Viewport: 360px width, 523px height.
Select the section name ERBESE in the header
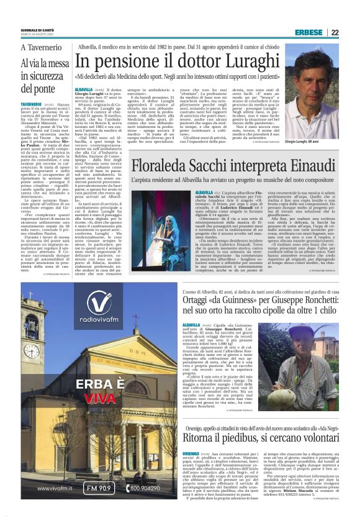pos(326,32)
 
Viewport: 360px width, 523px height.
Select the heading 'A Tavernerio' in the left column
pos(42,48)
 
